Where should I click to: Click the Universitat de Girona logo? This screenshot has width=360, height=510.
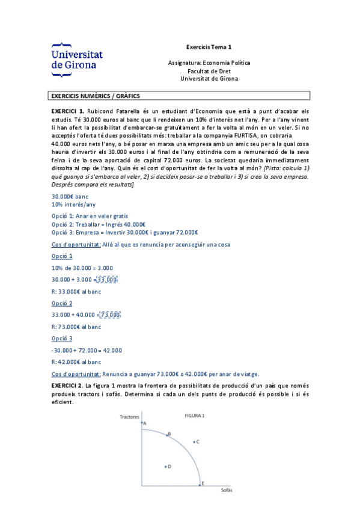[77, 60]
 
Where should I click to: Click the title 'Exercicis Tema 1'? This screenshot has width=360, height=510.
[209, 46]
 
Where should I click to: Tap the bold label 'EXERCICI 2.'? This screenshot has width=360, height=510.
[67, 384]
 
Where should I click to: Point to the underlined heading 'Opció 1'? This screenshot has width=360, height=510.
[62, 256]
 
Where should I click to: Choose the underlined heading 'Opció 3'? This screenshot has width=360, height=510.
[62, 338]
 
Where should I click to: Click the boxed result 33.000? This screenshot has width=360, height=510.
[107, 280]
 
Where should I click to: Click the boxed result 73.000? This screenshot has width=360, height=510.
[110, 315]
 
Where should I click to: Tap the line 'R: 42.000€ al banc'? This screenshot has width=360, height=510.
[76, 361]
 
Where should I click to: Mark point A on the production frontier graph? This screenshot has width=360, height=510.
[142, 424]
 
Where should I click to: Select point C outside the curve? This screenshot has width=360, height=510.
[194, 442]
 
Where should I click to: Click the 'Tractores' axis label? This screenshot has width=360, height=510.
[129, 416]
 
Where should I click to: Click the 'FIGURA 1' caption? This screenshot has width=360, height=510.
[194, 415]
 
